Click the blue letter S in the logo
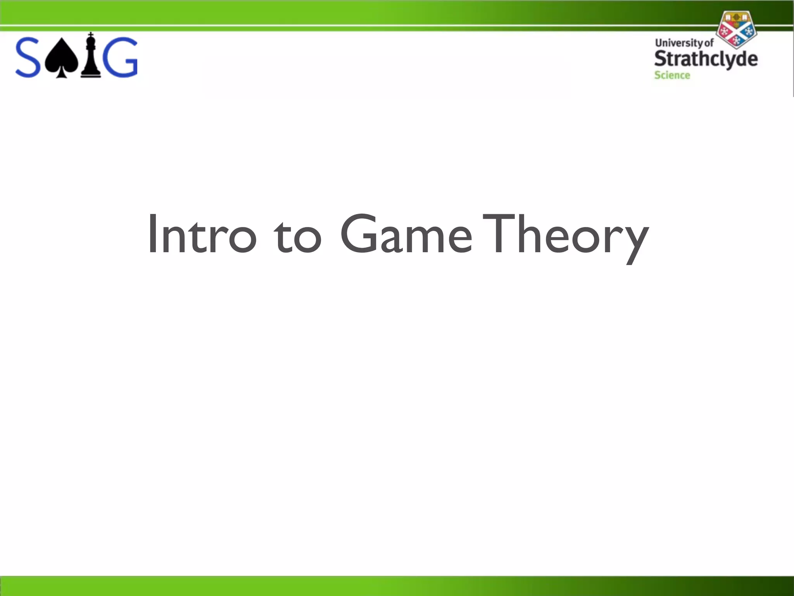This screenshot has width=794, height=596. (x=28, y=57)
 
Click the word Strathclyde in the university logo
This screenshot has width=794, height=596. (x=706, y=59)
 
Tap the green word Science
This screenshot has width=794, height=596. (x=672, y=75)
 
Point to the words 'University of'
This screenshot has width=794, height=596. (x=684, y=43)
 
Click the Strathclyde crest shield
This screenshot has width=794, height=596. (x=736, y=29)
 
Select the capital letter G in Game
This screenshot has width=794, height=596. (x=359, y=233)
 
